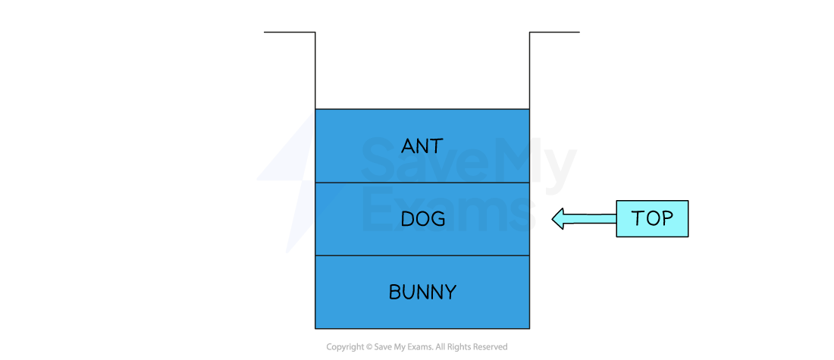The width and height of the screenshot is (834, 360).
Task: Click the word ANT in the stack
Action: coord(422,146)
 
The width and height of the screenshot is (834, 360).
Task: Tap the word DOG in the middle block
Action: coord(422,219)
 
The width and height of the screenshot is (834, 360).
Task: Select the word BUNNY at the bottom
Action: coord(422,292)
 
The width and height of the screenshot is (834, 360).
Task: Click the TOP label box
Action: coord(652,218)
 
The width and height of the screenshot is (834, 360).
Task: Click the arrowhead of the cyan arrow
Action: coord(558,219)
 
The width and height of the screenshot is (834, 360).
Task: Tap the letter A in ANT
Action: coord(407,146)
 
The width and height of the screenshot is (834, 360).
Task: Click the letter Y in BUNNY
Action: coord(450,292)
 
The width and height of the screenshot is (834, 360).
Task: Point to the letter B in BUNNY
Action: coord(394,292)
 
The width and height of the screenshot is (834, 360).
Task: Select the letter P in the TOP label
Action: coord(666,218)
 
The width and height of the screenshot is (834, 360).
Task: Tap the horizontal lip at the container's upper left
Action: coord(289,32)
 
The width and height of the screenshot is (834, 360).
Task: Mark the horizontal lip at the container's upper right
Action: coord(554,32)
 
